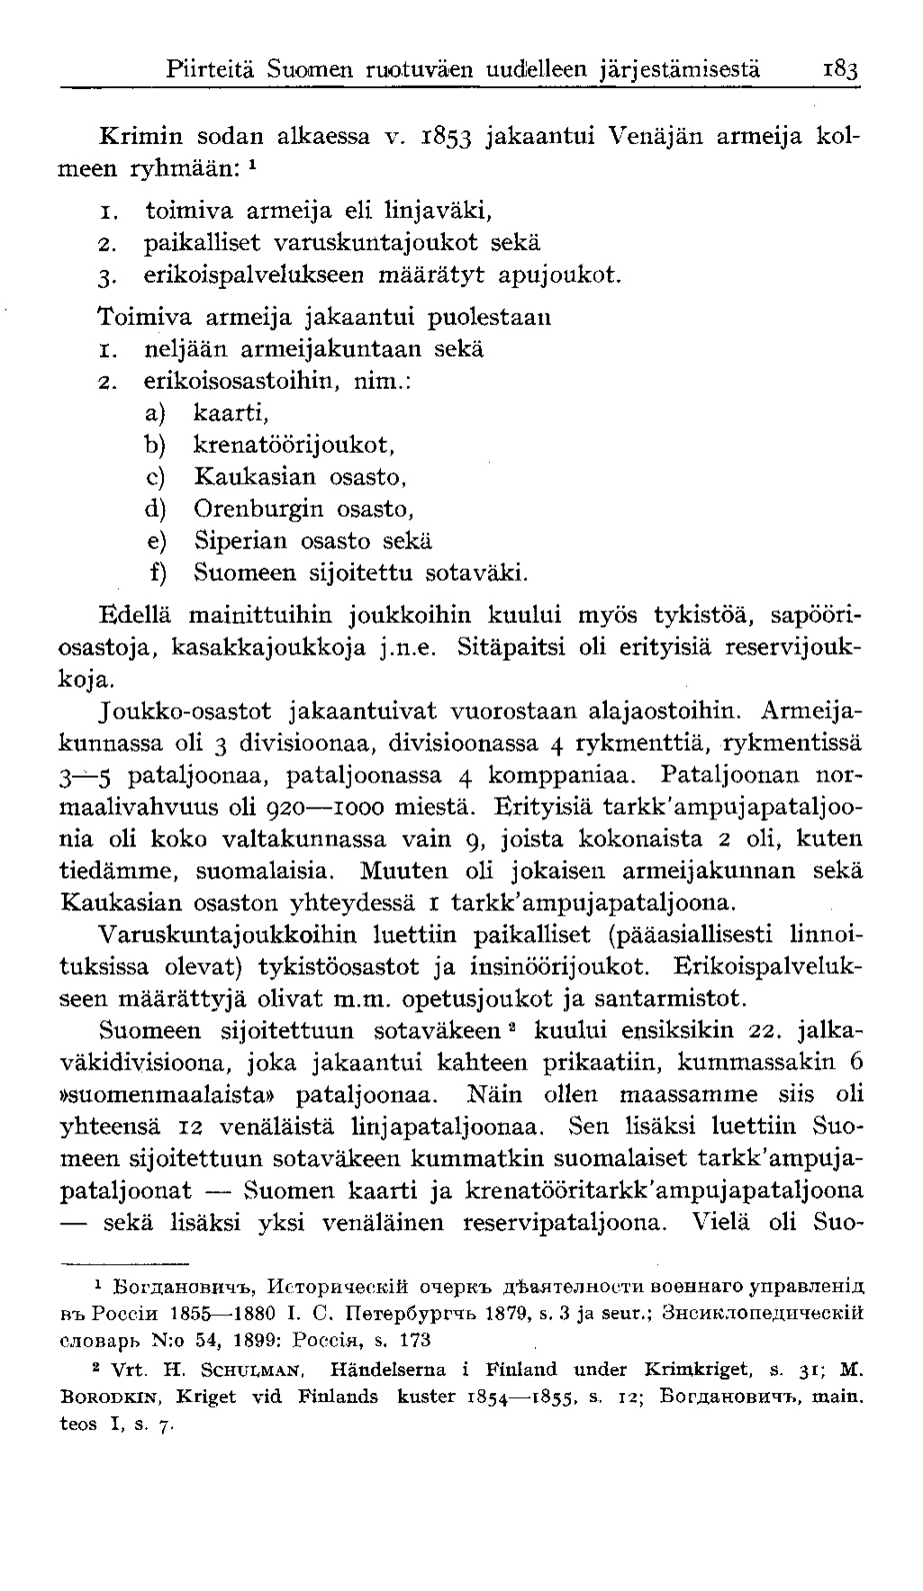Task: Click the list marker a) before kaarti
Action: point(156,412)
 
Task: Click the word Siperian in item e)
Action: point(240,541)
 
